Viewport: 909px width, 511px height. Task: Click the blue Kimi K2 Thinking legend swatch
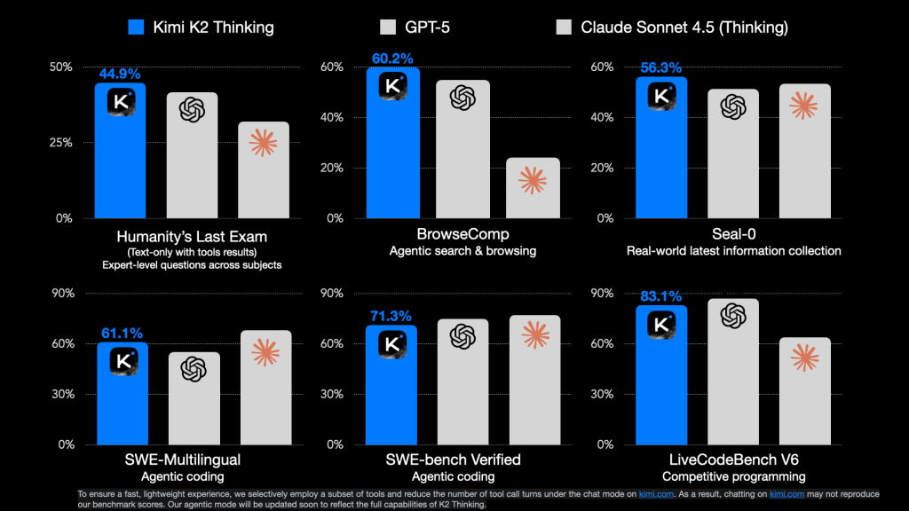click(x=136, y=27)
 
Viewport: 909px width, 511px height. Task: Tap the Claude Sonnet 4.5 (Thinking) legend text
click(x=684, y=27)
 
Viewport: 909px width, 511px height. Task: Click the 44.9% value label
click(x=119, y=75)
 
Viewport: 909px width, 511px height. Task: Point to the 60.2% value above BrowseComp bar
click(x=391, y=59)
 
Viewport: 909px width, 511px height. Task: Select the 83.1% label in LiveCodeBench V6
click(x=660, y=297)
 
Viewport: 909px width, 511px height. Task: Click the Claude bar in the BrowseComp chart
click(x=534, y=188)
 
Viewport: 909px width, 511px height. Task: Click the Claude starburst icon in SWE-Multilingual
click(x=265, y=352)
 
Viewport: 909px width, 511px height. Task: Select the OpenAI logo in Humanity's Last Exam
click(x=192, y=109)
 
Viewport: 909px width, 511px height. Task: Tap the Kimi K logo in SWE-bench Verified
click(x=391, y=342)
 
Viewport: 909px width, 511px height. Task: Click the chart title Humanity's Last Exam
click(x=191, y=237)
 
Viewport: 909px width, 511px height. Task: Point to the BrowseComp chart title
click(x=462, y=235)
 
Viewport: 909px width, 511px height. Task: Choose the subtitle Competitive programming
click(x=732, y=476)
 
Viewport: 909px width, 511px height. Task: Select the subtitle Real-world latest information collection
click(x=732, y=251)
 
